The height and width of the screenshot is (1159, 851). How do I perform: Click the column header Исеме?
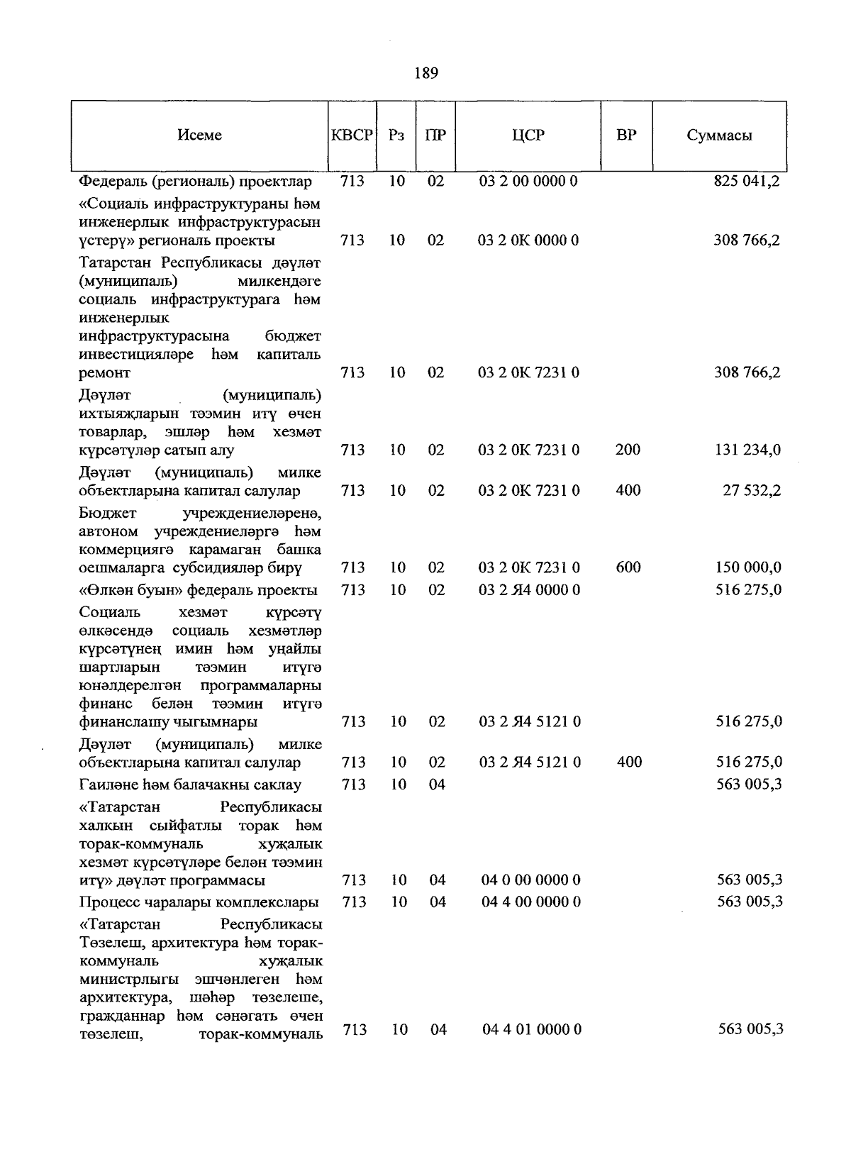pyautogui.click(x=199, y=135)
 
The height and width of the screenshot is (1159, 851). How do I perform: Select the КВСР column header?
pyautogui.click(x=352, y=135)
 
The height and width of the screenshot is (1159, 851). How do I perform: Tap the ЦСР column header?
pyautogui.click(x=528, y=135)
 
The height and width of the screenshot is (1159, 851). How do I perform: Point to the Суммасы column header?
pyautogui.click(x=719, y=135)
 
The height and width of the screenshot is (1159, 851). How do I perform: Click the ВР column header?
pyautogui.click(x=626, y=135)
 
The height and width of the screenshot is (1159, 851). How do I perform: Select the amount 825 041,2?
pyautogui.click(x=747, y=181)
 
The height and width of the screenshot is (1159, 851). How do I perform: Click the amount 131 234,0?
pyautogui.click(x=747, y=450)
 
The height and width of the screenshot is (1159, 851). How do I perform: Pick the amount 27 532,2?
pyautogui.click(x=752, y=490)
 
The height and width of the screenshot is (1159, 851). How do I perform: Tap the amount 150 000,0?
pyautogui.click(x=747, y=567)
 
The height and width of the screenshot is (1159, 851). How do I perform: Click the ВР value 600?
pyautogui.click(x=628, y=567)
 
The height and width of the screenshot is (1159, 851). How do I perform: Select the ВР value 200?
pyautogui.click(x=628, y=450)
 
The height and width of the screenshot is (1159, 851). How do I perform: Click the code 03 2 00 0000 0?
pyautogui.click(x=528, y=181)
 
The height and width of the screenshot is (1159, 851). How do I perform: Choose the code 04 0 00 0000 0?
pyautogui.click(x=530, y=880)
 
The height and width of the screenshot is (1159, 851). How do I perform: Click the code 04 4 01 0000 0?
pyautogui.click(x=531, y=1029)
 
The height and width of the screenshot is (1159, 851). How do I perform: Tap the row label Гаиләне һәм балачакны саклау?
pyautogui.click(x=190, y=784)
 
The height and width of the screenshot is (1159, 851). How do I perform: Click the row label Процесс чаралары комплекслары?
pyautogui.click(x=199, y=902)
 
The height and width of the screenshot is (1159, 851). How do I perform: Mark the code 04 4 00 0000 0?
pyautogui.click(x=530, y=902)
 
